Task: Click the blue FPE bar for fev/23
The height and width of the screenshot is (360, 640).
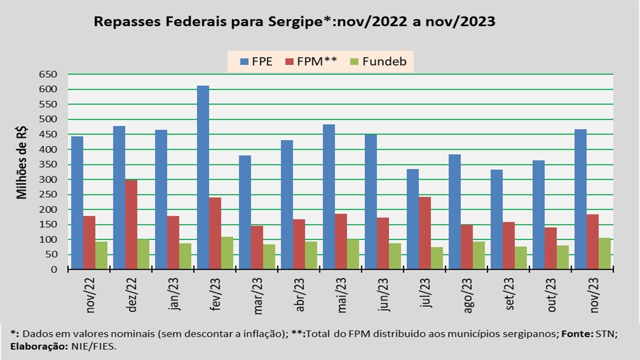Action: (x=203, y=177)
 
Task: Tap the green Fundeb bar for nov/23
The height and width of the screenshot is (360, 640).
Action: (x=604, y=253)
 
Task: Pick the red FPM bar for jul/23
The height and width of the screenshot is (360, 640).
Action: (x=424, y=233)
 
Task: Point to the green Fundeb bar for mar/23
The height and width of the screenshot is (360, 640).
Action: (x=269, y=256)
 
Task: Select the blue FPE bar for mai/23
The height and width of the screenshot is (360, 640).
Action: (x=328, y=196)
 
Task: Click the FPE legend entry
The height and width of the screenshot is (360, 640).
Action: (x=256, y=62)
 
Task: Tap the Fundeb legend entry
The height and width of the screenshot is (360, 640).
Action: (x=378, y=62)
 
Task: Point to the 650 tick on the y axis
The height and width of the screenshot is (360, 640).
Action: (x=48, y=74)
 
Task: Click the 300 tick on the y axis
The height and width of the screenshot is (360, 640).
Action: (x=48, y=179)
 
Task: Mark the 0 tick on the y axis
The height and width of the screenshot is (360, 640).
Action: (x=54, y=269)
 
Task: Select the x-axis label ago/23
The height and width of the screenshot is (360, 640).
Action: (x=468, y=295)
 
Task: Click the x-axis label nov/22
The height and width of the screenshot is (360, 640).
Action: (x=91, y=295)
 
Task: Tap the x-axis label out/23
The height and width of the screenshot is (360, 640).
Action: (x=552, y=295)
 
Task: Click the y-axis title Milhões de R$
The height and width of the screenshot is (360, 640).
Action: (x=22, y=163)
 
